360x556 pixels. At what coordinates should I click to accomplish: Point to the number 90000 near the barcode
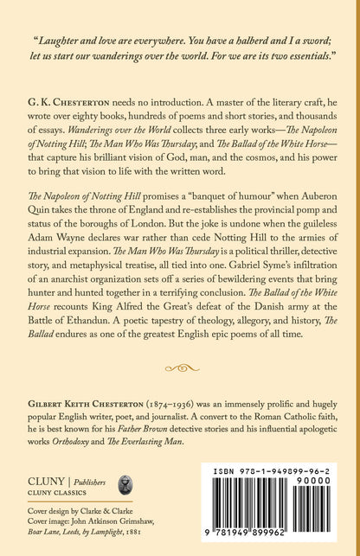coord(333,504)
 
